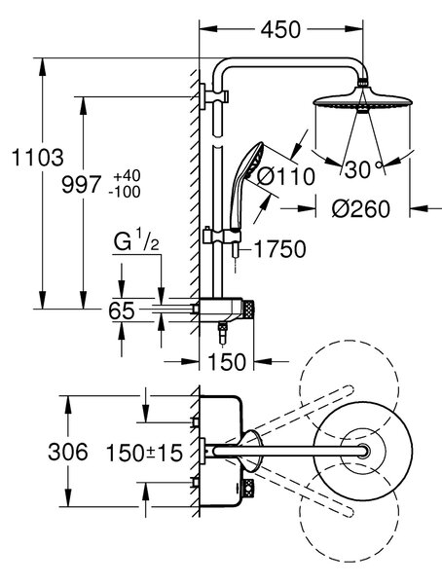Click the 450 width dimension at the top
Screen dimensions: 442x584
(x=280, y=30)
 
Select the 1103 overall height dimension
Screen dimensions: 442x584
(x=37, y=157)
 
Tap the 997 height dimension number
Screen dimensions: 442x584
(x=81, y=185)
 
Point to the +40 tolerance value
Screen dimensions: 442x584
(x=125, y=175)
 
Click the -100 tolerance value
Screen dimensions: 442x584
(x=125, y=192)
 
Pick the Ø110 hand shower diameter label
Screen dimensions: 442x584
(x=286, y=176)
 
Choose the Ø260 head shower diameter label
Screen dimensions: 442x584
(x=361, y=209)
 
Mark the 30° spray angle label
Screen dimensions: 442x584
(x=363, y=169)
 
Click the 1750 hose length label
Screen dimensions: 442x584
(x=279, y=248)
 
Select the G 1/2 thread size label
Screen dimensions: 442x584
(x=136, y=242)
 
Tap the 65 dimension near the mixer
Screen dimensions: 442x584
(x=122, y=310)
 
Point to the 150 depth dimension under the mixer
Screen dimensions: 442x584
(x=227, y=361)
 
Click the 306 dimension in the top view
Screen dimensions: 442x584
(x=68, y=452)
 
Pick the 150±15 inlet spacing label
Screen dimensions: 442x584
(x=145, y=454)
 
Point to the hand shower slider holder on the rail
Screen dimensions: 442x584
(x=222, y=237)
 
